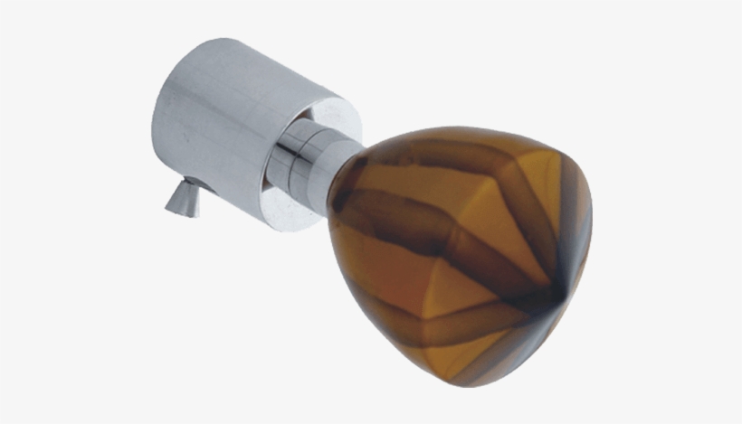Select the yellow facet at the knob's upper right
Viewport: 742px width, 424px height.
tap(552, 181)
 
